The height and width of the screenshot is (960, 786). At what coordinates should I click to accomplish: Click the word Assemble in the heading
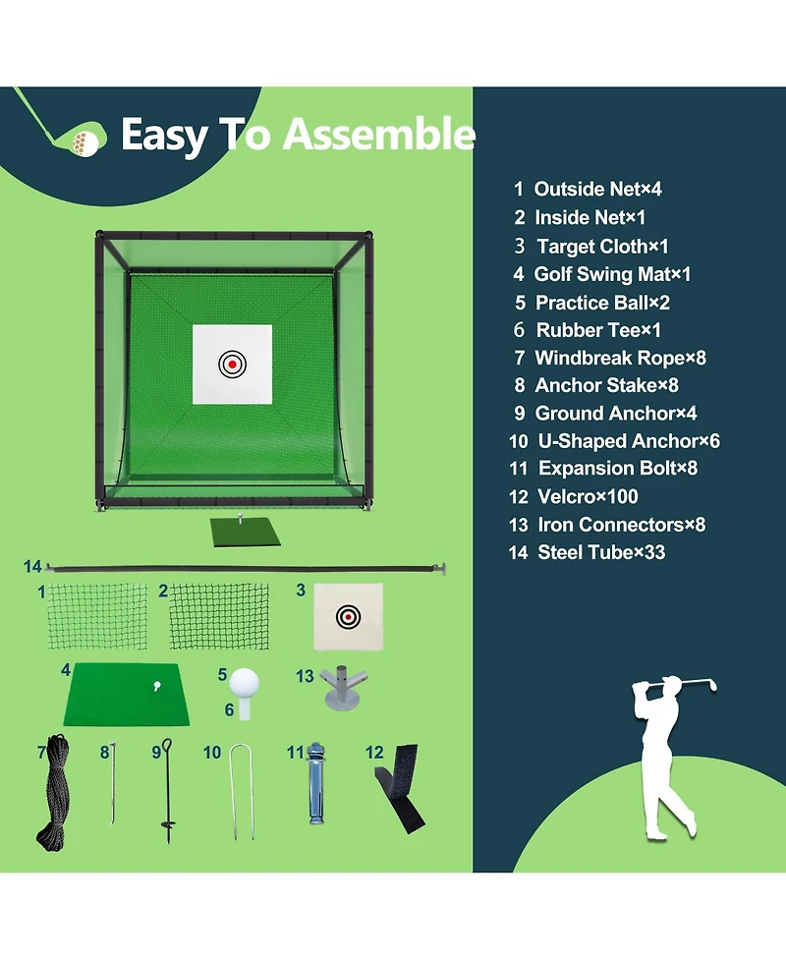coord(378,134)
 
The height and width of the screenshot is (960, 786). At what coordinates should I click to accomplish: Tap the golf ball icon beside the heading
coord(86,142)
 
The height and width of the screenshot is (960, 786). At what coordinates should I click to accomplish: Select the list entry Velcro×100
coord(573,496)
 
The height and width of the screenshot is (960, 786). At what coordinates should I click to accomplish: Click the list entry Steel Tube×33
coord(588,552)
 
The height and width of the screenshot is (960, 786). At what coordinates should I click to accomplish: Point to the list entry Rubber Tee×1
coord(588,330)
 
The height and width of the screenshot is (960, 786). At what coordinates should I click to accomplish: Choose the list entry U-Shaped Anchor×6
coord(614,441)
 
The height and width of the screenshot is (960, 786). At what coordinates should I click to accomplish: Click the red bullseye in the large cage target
coord(232,365)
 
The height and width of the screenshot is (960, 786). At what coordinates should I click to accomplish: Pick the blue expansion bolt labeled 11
coord(315,784)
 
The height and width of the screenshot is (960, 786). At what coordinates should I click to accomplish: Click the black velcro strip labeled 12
coord(401,789)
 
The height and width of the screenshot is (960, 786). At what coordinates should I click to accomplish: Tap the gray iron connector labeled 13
coord(343,688)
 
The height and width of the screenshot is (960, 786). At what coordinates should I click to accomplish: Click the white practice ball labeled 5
coord(245,683)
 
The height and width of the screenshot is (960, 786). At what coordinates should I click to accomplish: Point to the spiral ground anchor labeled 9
coord(167,791)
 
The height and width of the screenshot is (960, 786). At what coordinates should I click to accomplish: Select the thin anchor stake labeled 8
coord(113,784)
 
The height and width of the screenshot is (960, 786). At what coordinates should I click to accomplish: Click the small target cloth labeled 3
coord(349,616)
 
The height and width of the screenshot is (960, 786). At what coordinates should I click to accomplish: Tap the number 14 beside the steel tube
coord(32,566)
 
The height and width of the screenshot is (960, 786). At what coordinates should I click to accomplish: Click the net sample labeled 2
coord(219,616)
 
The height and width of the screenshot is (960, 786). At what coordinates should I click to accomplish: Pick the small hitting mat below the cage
coord(246,533)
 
